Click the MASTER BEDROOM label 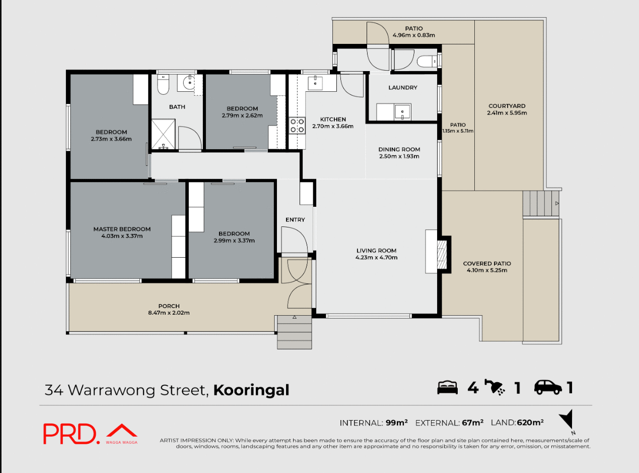point(122,229)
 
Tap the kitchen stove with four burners point(297,125)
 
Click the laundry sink point(402,111)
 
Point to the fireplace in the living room point(442,255)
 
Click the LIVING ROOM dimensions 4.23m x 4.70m point(377,258)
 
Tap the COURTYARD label point(507,106)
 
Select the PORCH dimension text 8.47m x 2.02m point(169,313)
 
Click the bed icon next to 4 point(447,387)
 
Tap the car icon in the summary point(548,387)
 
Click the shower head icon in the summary point(495,387)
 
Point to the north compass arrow point(567,420)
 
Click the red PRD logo point(71,434)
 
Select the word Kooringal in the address point(251,390)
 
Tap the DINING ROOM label point(399,149)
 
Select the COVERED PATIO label point(487,263)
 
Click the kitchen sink point(316,83)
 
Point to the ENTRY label point(295,219)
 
